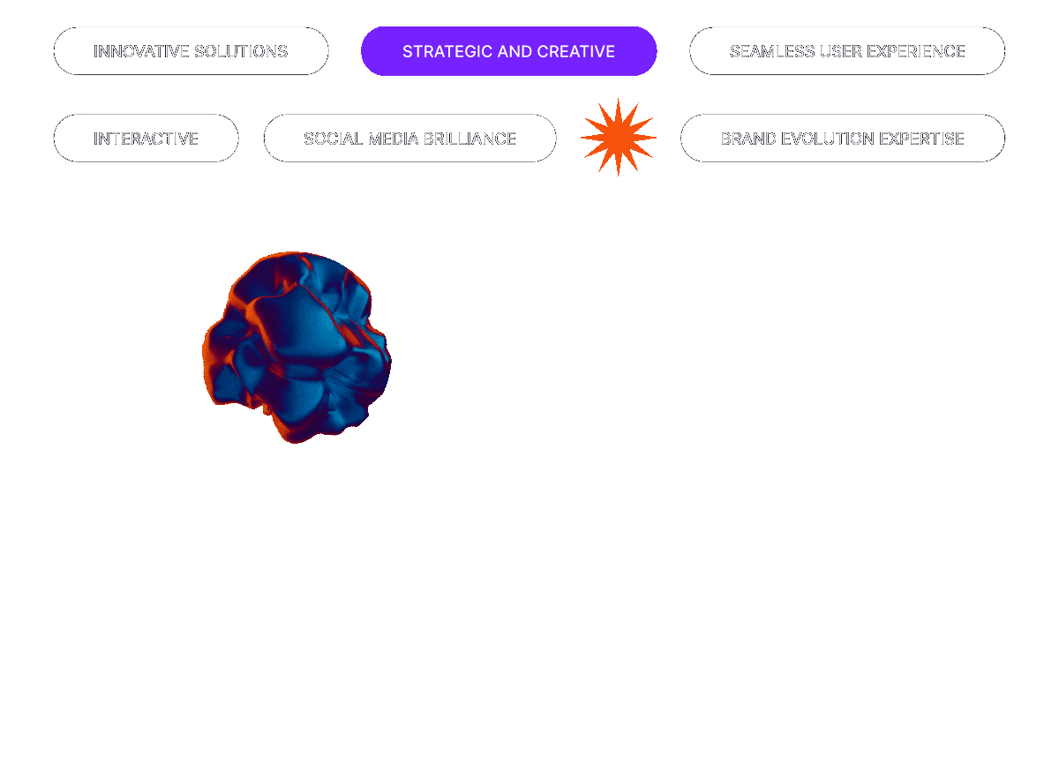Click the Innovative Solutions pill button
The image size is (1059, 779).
[x=191, y=51]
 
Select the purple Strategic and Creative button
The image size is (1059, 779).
[x=508, y=51]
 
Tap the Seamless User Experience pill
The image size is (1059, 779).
[x=846, y=51]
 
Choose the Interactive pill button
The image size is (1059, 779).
[x=146, y=139]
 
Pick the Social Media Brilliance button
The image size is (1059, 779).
[x=409, y=139]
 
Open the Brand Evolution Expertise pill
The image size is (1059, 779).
[x=842, y=139]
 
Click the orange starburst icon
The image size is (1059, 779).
[x=618, y=137]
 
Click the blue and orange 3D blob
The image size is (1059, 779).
[x=297, y=347]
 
